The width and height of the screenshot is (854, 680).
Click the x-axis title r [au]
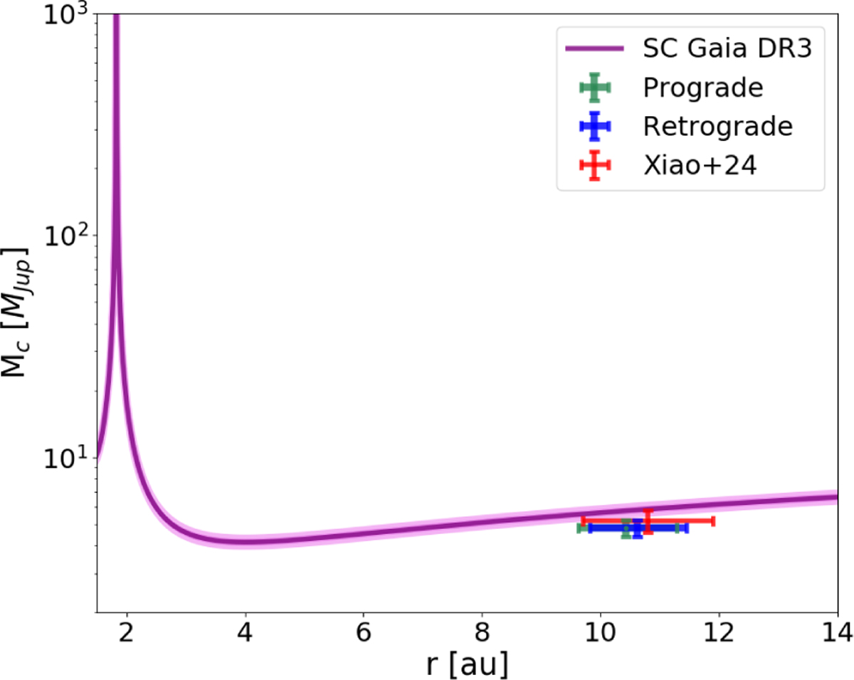point(467,664)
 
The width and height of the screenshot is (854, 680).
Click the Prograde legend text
point(702,88)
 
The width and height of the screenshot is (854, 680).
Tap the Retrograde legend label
point(717,127)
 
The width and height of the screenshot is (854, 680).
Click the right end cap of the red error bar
point(713,521)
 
